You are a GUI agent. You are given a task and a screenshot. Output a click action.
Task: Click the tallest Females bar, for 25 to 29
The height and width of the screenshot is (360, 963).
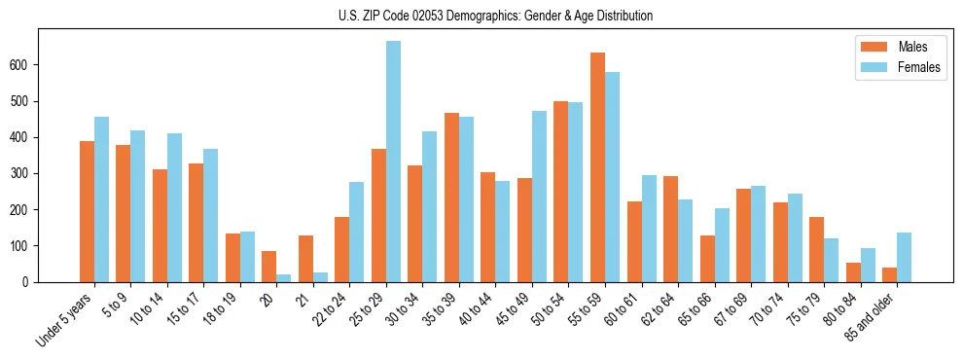click(393, 162)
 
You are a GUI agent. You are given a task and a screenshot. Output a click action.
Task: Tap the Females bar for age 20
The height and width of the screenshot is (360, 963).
click(283, 278)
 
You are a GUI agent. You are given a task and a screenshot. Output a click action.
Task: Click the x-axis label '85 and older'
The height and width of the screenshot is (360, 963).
click(871, 316)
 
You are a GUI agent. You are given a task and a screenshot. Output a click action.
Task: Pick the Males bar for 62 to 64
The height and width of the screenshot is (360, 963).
click(670, 230)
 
